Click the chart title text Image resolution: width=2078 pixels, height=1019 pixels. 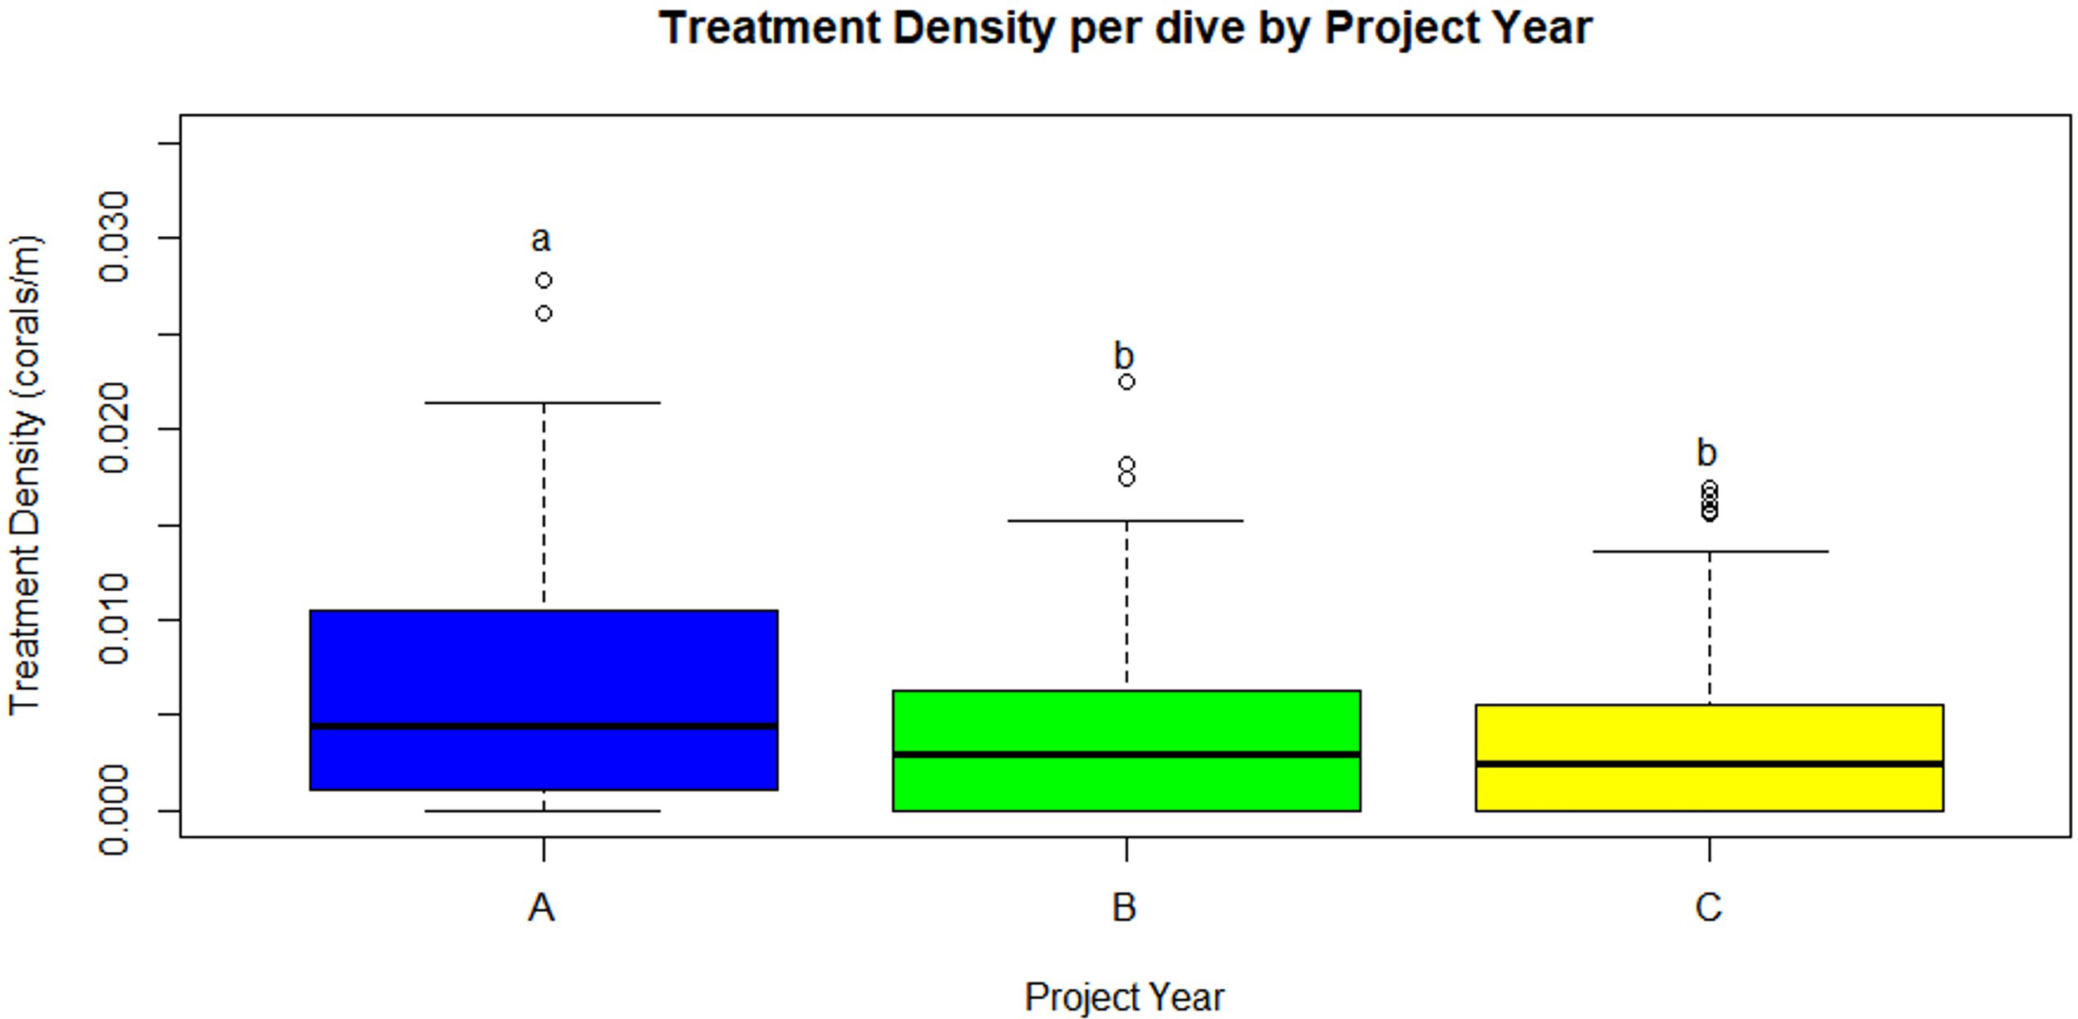point(1125,28)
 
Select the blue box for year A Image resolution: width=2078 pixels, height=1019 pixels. point(544,665)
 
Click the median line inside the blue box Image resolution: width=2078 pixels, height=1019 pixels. point(544,726)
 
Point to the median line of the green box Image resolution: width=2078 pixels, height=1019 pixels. point(1126,755)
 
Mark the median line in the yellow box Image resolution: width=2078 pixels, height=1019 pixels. point(1709,763)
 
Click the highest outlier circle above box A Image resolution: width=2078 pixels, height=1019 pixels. point(544,281)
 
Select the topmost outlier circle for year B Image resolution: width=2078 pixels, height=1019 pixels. point(1126,382)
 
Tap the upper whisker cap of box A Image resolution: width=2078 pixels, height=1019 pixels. point(544,403)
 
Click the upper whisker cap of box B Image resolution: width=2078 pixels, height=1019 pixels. point(1126,521)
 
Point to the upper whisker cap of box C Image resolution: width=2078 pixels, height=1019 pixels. point(1709,551)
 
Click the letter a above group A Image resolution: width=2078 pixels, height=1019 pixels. point(540,239)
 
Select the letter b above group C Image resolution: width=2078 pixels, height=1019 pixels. point(1706,453)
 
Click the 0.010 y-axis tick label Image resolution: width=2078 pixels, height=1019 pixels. point(114,618)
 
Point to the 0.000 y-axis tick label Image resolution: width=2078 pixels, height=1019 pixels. point(114,810)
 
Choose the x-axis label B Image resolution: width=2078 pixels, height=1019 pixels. point(1124,908)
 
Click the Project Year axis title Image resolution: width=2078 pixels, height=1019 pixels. point(1124,997)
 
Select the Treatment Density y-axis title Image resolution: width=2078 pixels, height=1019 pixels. point(25,475)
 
